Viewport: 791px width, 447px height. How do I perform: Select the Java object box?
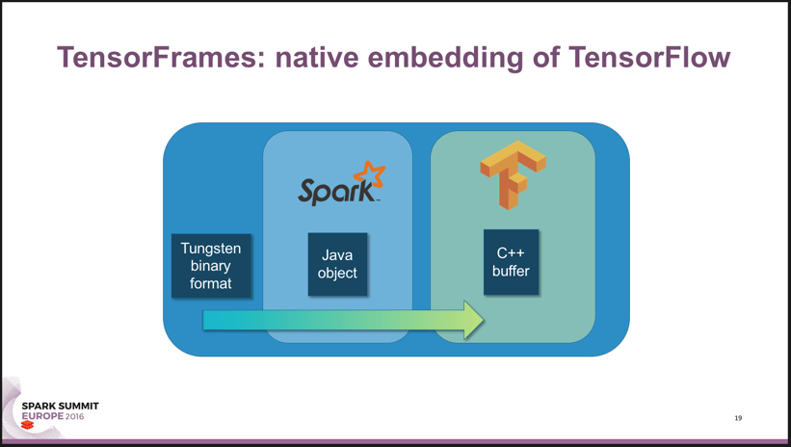[337, 264]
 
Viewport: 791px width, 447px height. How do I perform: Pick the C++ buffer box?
[511, 262]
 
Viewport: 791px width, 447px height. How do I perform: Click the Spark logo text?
[332, 190]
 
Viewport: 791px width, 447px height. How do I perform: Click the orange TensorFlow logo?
[512, 173]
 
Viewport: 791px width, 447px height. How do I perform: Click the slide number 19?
[738, 418]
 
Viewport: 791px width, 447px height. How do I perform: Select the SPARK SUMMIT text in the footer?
[60, 408]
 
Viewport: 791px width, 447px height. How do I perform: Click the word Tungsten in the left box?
[212, 249]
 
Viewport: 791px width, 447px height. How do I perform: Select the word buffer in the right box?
[511, 271]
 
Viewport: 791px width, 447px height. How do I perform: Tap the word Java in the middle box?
[337, 255]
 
